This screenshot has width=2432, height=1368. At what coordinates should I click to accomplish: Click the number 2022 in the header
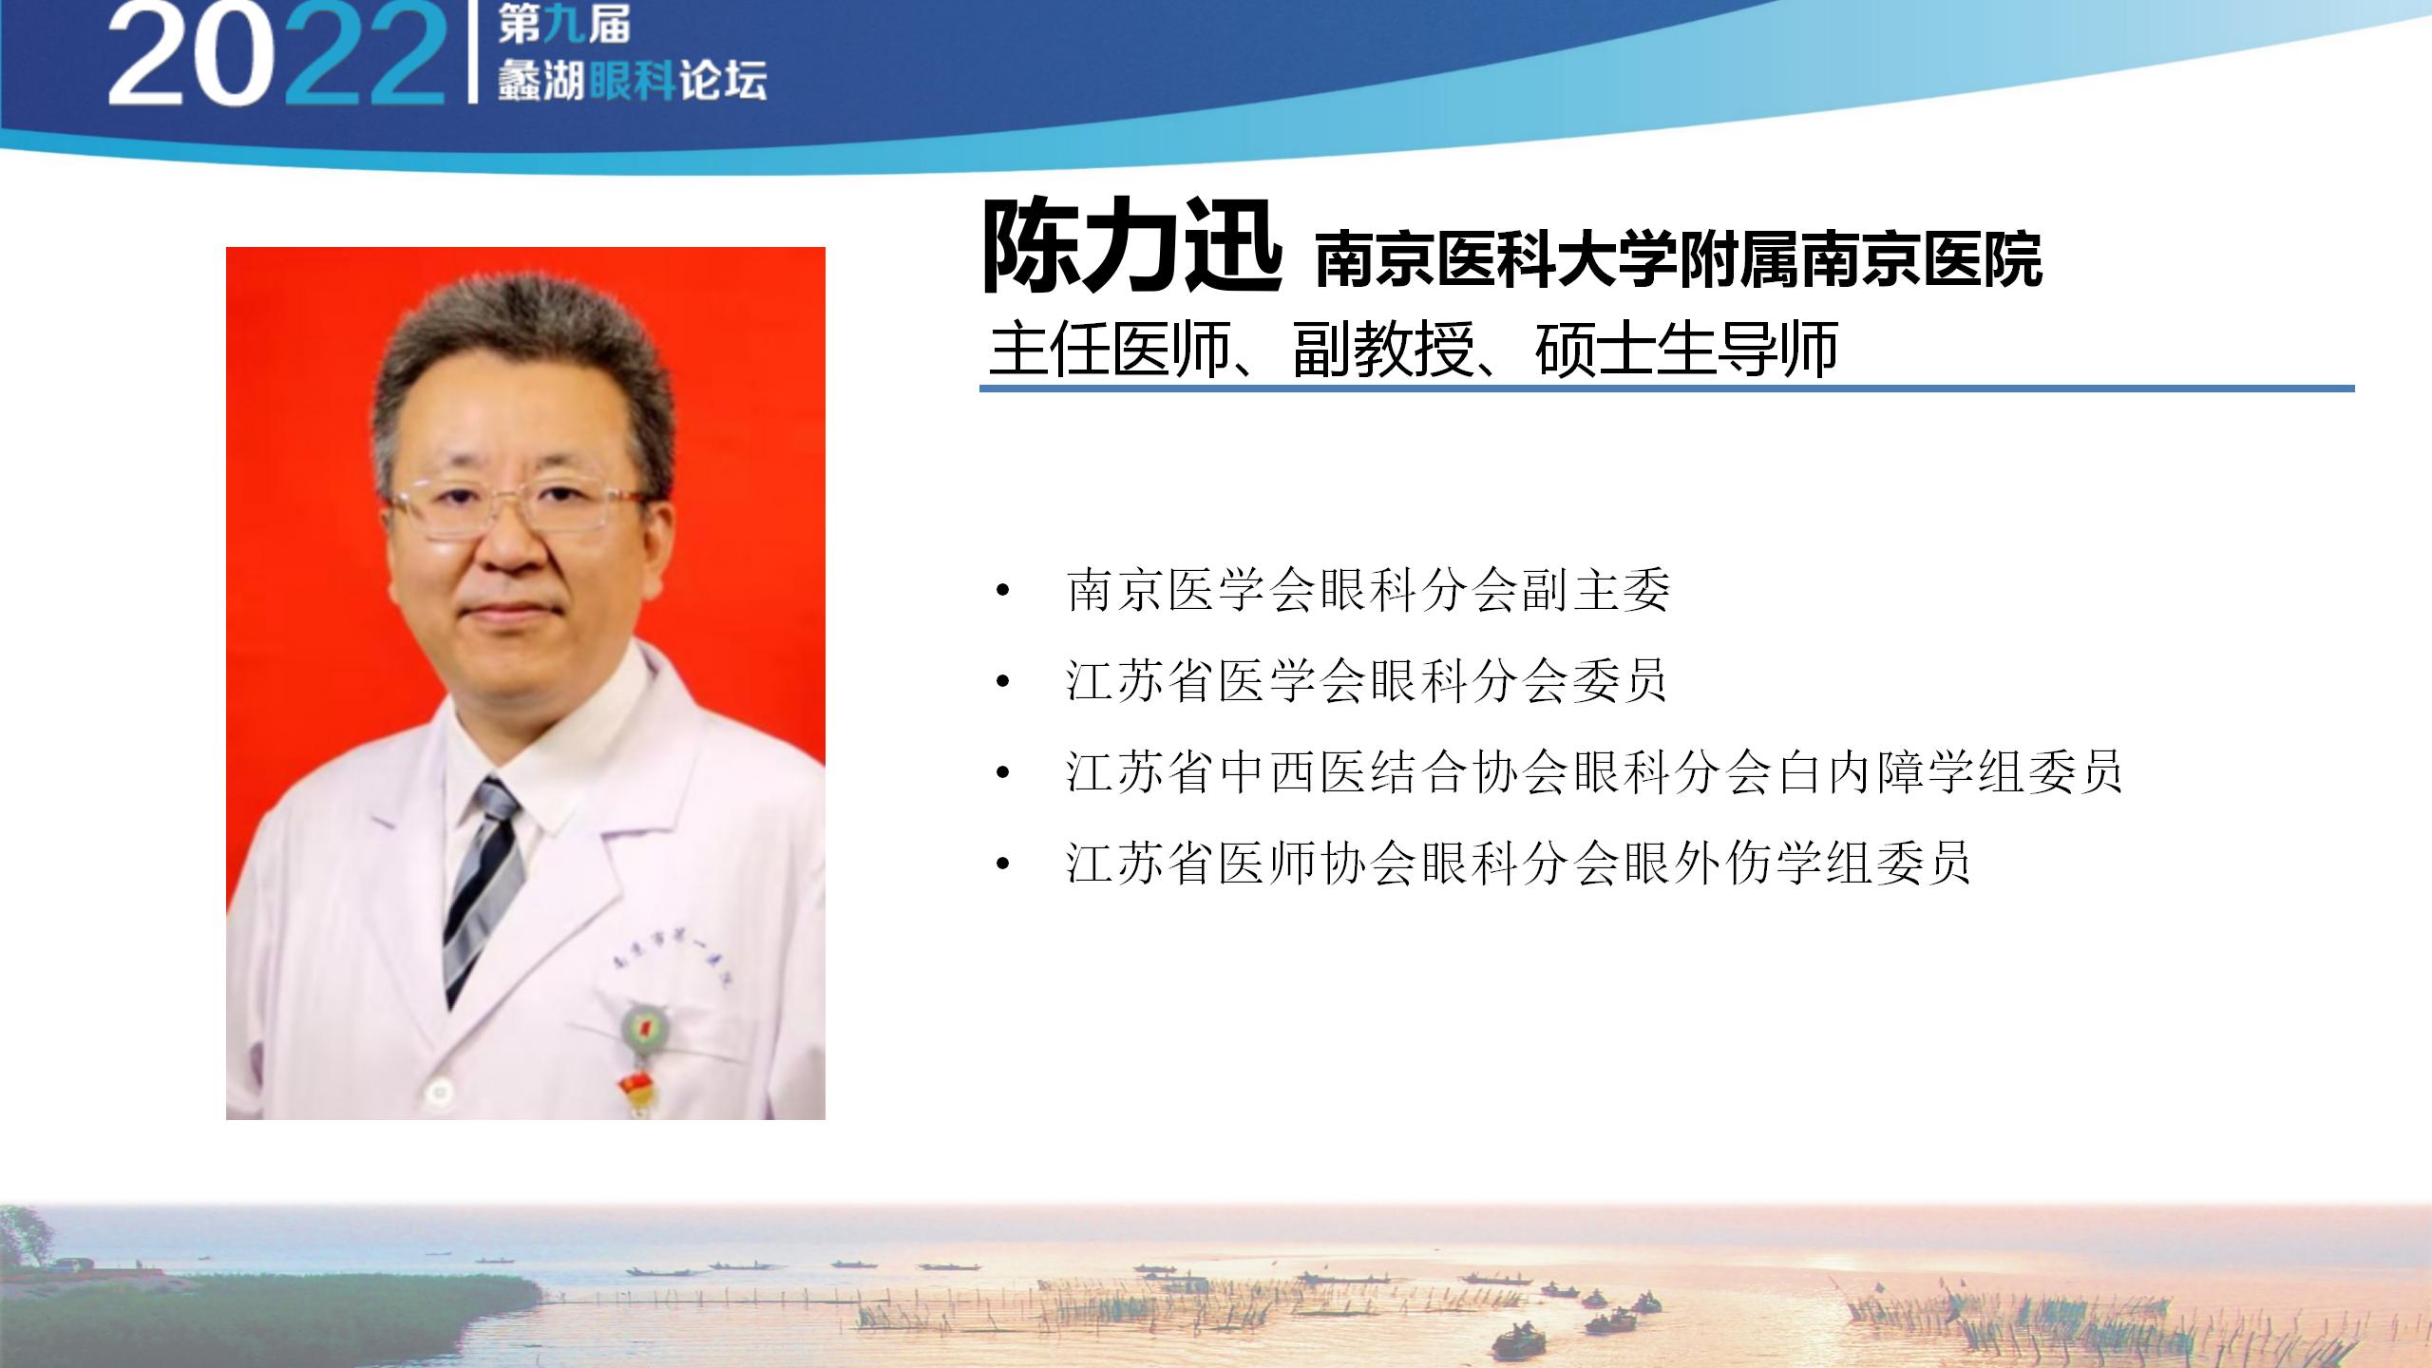point(276,55)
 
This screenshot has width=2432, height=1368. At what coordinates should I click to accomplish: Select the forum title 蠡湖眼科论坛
point(632,82)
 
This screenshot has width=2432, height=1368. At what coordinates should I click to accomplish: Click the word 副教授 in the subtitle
point(1382,350)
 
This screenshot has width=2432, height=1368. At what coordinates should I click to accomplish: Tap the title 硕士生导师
point(1686,350)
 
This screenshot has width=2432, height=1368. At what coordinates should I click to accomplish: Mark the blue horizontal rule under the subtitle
point(1667,388)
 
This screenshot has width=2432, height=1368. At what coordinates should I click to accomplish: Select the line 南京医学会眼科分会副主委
point(1369,590)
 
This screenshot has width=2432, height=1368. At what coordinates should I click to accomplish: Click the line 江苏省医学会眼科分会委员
point(1367,681)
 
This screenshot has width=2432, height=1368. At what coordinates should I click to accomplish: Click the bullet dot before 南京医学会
point(1002,592)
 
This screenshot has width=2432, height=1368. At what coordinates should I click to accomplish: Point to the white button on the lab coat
point(437,1092)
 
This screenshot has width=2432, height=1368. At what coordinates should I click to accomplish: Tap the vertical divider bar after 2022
point(472,52)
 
